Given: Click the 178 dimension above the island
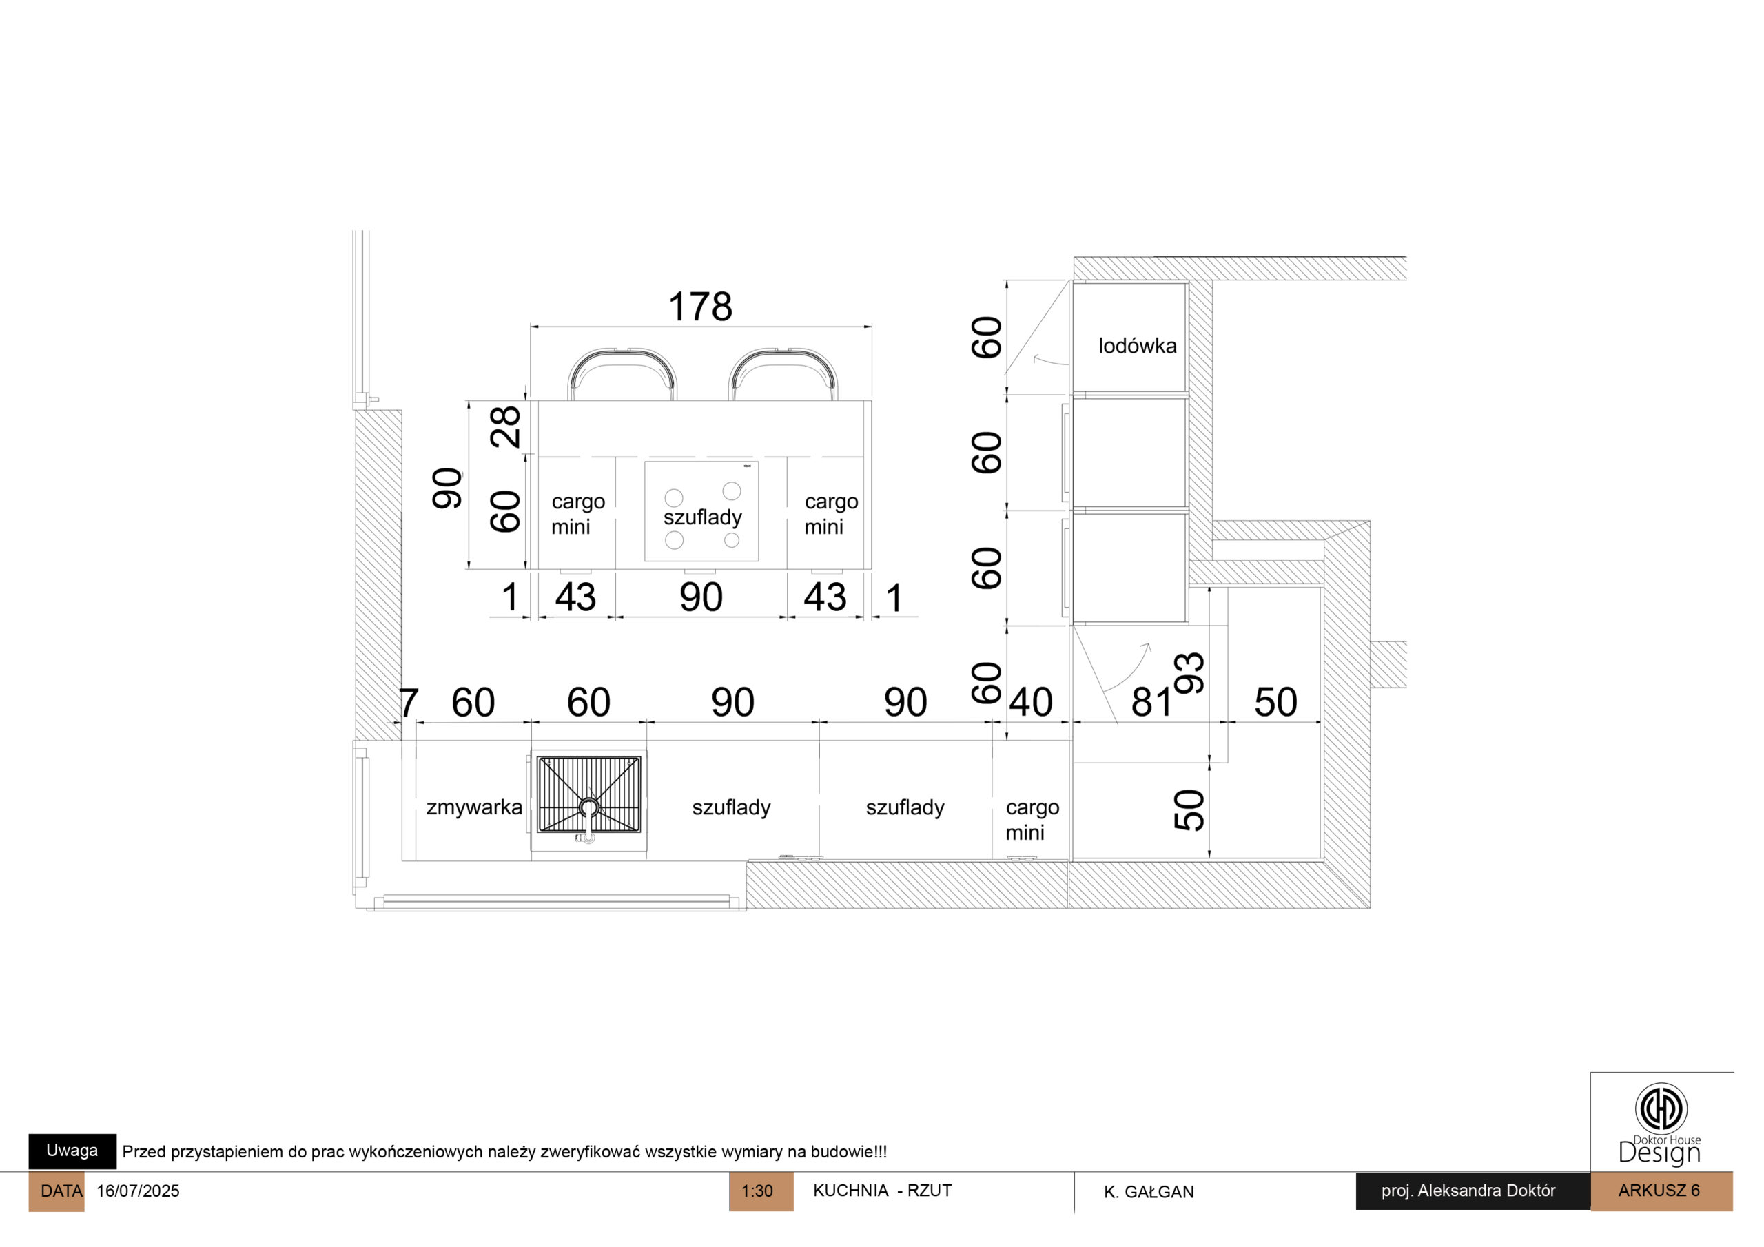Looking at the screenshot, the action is pos(700,307).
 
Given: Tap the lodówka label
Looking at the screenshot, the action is pos(1137,346).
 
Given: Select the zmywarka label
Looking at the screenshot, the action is pos(474,807).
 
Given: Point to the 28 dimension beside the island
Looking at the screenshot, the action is pos(506,427).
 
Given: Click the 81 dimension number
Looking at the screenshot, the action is pos(1151,702).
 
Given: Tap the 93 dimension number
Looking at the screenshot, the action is pos(1189,673).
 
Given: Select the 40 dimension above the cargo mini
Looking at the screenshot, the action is pos(1030,702).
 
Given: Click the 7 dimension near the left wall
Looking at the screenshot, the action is pos(409,702).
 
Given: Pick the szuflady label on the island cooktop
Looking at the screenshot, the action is pos(703,518).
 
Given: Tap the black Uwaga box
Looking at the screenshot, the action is pos(72,1151).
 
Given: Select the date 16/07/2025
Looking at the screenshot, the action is pos(139,1191).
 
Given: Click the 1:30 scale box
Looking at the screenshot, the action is pos(761,1191).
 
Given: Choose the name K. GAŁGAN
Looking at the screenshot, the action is pos(1149,1192).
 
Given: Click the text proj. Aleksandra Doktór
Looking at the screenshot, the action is pos(1468,1191).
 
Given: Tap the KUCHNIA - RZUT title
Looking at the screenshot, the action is pos(882,1191).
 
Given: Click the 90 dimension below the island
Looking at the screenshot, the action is pos(701,598).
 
